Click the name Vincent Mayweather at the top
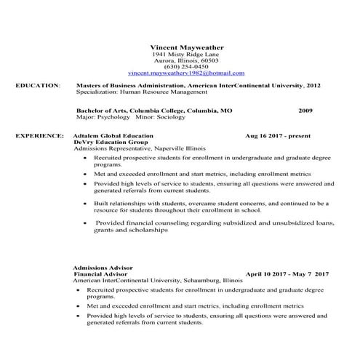pyautogui.click(x=185, y=47)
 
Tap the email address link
pyautogui.click(x=186, y=73)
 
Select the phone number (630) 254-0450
pyautogui.click(x=185, y=67)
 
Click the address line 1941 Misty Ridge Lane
pyautogui.click(x=185, y=55)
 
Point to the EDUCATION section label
pyautogui.click(x=37, y=86)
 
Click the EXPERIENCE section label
pyautogui.click(x=39, y=136)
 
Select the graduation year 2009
pyautogui.click(x=305, y=111)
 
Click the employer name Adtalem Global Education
pyautogui.click(x=113, y=136)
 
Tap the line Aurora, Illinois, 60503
pyautogui.click(x=185, y=61)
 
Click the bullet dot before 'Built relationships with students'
pyautogui.click(x=87, y=204)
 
